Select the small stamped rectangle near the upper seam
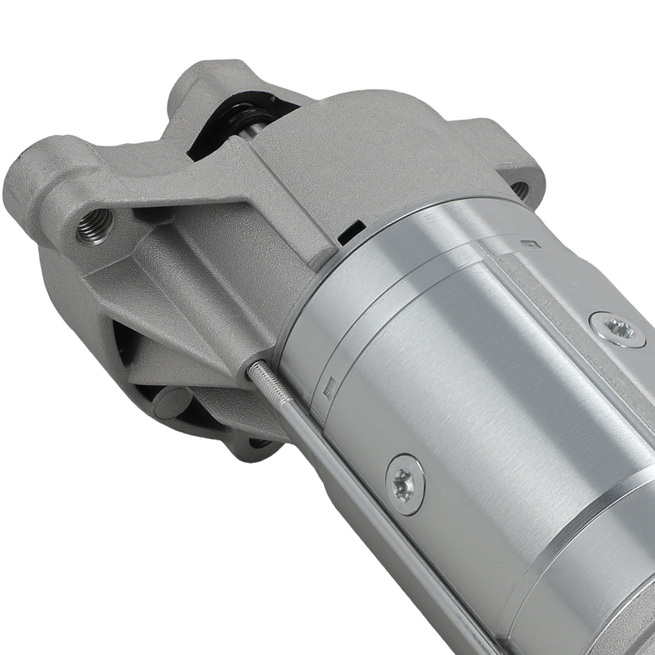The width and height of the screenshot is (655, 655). [532, 245]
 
